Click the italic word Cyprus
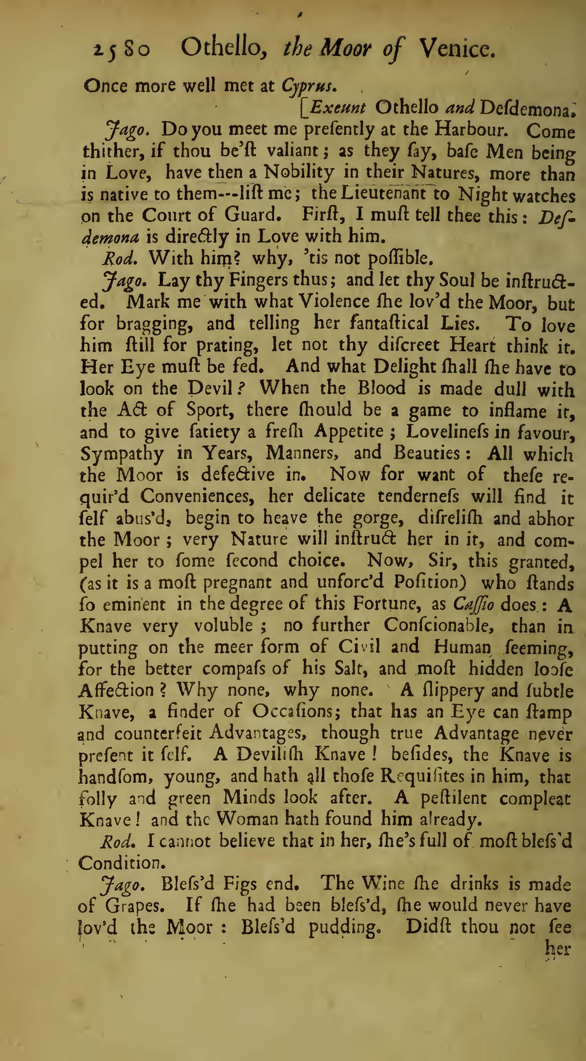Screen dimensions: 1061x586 (x=308, y=86)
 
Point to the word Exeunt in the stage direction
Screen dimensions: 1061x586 (x=338, y=107)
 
